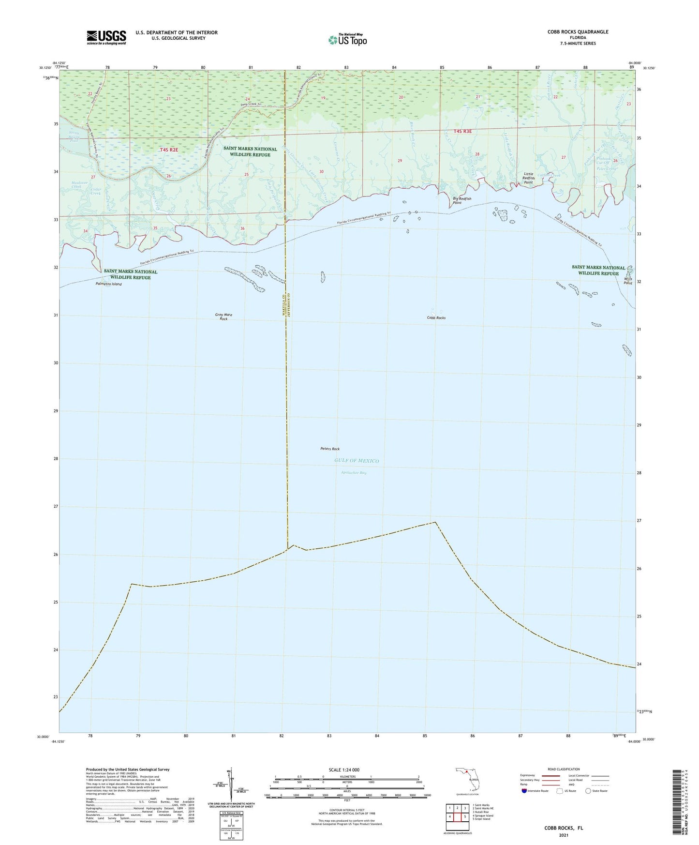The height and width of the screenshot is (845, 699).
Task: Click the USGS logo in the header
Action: coord(106,37)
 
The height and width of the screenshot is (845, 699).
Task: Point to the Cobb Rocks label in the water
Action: coord(436,318)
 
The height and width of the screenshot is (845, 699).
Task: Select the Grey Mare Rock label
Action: coord(223,317)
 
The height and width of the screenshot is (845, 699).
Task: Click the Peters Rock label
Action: coord(330,449)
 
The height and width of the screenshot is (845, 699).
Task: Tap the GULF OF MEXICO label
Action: coord(357,461)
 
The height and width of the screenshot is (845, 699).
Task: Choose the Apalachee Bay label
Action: coord(353,472)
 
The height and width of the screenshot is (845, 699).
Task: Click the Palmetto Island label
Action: coord(108,284)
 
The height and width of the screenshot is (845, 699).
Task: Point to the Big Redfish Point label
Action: coord(461,201)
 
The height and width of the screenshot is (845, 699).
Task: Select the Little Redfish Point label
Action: coord(528,178)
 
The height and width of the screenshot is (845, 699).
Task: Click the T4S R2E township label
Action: coord(169,150)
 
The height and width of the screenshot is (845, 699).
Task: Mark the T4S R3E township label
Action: coord(462,131)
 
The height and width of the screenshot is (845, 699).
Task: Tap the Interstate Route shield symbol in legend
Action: coord(525,791)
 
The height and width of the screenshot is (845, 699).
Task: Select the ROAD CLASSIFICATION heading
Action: coord(564,769)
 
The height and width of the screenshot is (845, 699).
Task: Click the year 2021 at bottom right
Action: coord(564,835)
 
